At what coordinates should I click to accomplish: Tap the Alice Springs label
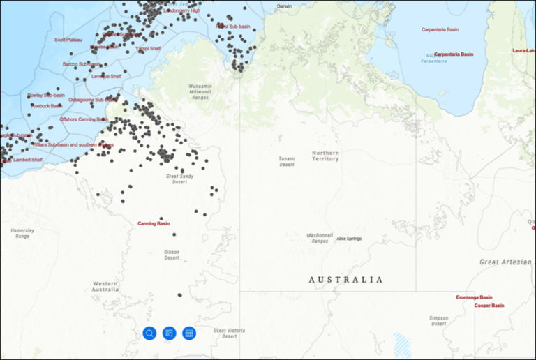[349, 239]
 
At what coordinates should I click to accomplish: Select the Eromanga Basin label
[474, 297]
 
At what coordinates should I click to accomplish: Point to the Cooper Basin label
[489, 306]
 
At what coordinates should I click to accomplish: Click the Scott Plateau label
[68, 40]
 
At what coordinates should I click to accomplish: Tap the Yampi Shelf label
[147, 49]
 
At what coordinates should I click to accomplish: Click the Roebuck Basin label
[45, 106]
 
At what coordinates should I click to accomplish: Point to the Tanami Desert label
[287, 162]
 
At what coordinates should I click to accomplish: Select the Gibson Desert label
[172, 255]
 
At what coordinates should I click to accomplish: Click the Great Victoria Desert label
[229, 333]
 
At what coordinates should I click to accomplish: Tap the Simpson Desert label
[438, 320]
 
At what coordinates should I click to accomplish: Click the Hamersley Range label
[22, 233]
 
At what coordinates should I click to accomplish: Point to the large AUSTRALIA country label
[345, 280]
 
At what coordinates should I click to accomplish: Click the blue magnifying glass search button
[149, 333]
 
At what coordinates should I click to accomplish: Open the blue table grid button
[188, 333]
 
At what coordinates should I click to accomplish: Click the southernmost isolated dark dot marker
[179, 295]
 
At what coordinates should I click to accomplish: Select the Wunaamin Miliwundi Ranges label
[199, 92]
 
